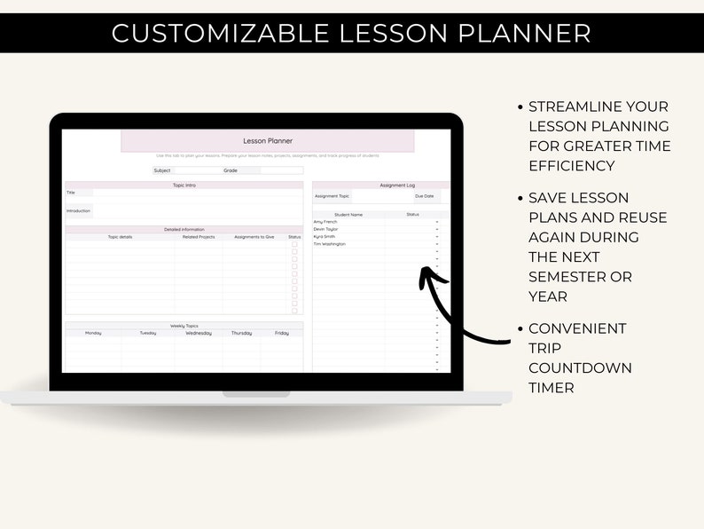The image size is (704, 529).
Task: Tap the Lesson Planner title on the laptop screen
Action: tap(267, 141)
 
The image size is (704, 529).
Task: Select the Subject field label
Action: tap(162, 170)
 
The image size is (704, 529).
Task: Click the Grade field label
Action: tap(231, 170)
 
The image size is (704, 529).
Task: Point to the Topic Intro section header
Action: tap(184, 185)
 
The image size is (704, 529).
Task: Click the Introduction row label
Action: tap(78, 210)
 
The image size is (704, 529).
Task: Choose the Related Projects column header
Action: tap(199, 237)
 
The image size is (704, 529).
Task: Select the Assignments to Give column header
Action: tap(254, 237)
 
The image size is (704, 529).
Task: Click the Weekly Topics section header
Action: tap(184, 326)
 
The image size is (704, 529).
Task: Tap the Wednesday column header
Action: tap(198, 333)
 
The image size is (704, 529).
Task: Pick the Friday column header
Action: tap(281, 333)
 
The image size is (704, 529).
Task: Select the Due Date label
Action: tap(425, 196)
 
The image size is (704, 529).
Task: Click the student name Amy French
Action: tap(325, 222)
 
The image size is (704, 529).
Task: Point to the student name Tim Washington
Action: tap(330, 243)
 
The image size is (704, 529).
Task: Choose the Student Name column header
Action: tap(348, 214)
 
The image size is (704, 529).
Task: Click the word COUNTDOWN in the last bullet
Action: tap(580, 367)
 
